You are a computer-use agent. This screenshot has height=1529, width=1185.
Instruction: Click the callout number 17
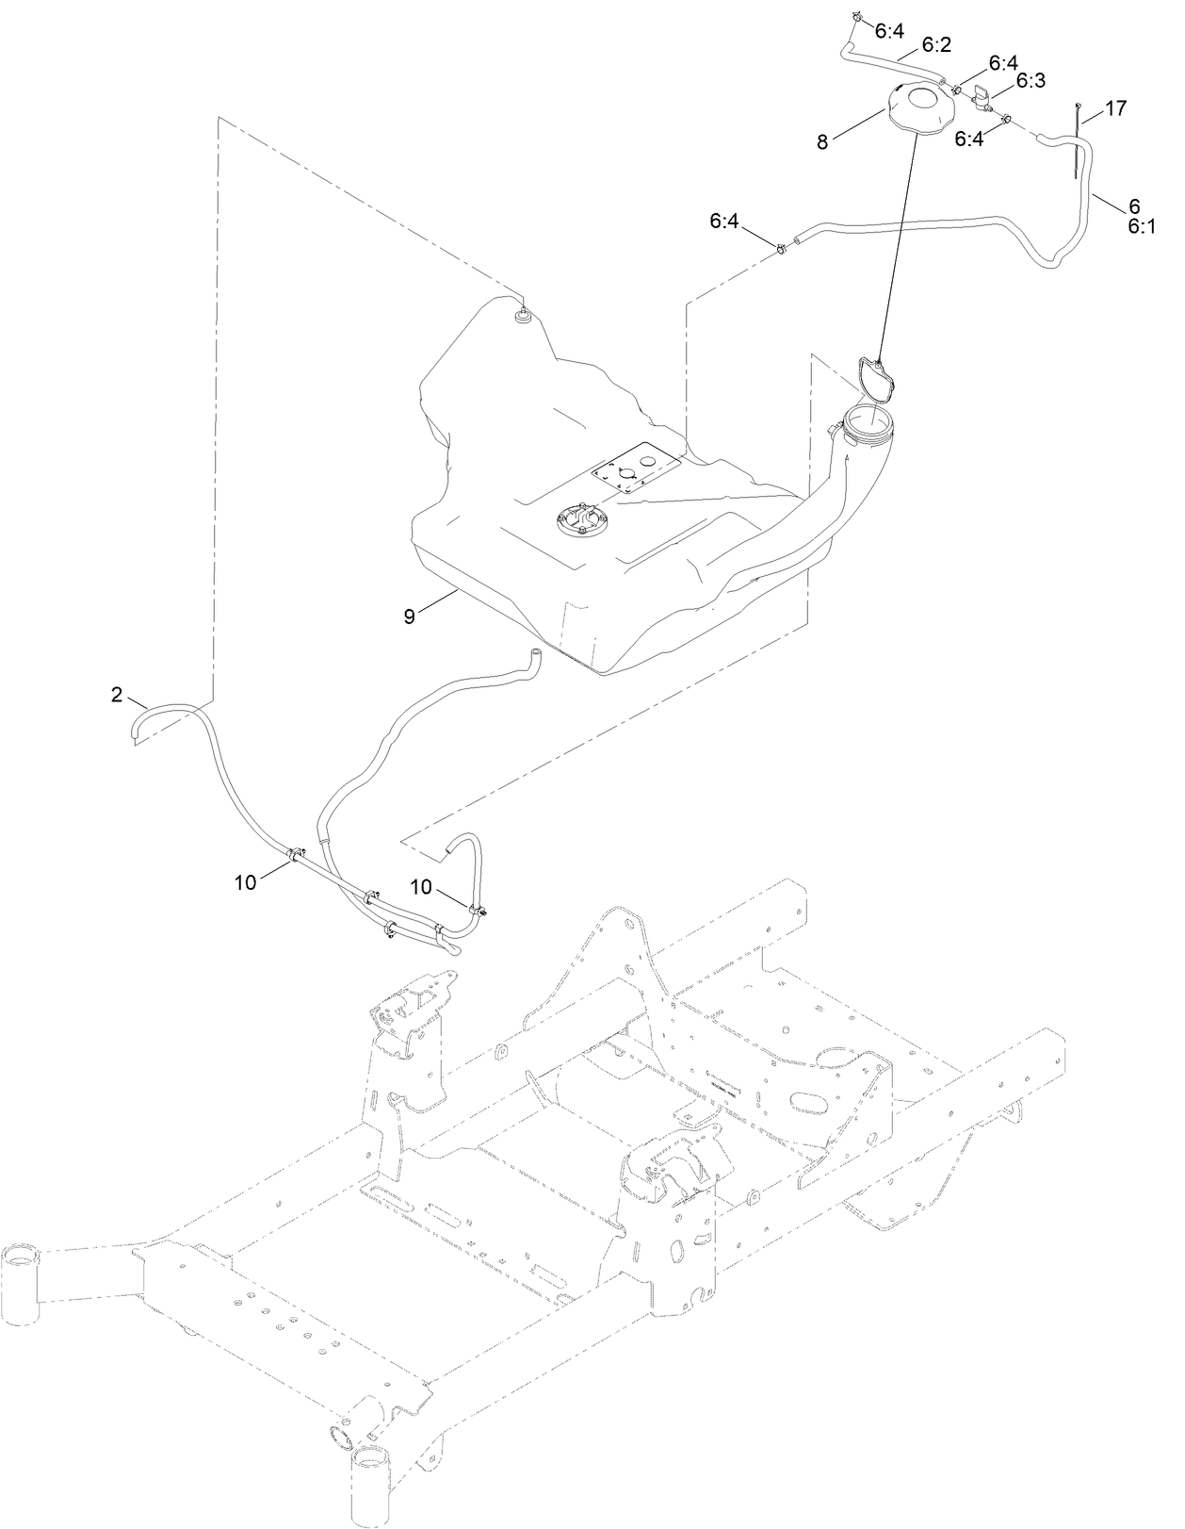coord(1115,109)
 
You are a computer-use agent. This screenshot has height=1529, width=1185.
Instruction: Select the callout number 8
coord(822,141)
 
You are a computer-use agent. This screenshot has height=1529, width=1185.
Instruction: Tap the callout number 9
coord(409,616)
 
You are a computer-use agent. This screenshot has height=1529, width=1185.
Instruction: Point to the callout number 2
coord(117,695)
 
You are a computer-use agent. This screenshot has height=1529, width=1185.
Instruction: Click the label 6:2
coord(936,44)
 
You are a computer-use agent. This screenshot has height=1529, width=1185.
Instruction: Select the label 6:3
coord(1031,82)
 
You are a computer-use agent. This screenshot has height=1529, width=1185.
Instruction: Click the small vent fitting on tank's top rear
coord(520,316)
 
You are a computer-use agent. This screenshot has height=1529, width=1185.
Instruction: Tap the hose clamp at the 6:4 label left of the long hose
coord(781,249)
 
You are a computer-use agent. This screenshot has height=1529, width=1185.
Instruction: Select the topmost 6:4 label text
coord(889,31)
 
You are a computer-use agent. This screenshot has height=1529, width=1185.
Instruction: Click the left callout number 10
coord(246,882)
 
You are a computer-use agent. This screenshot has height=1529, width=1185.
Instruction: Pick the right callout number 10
coord(422,886)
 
